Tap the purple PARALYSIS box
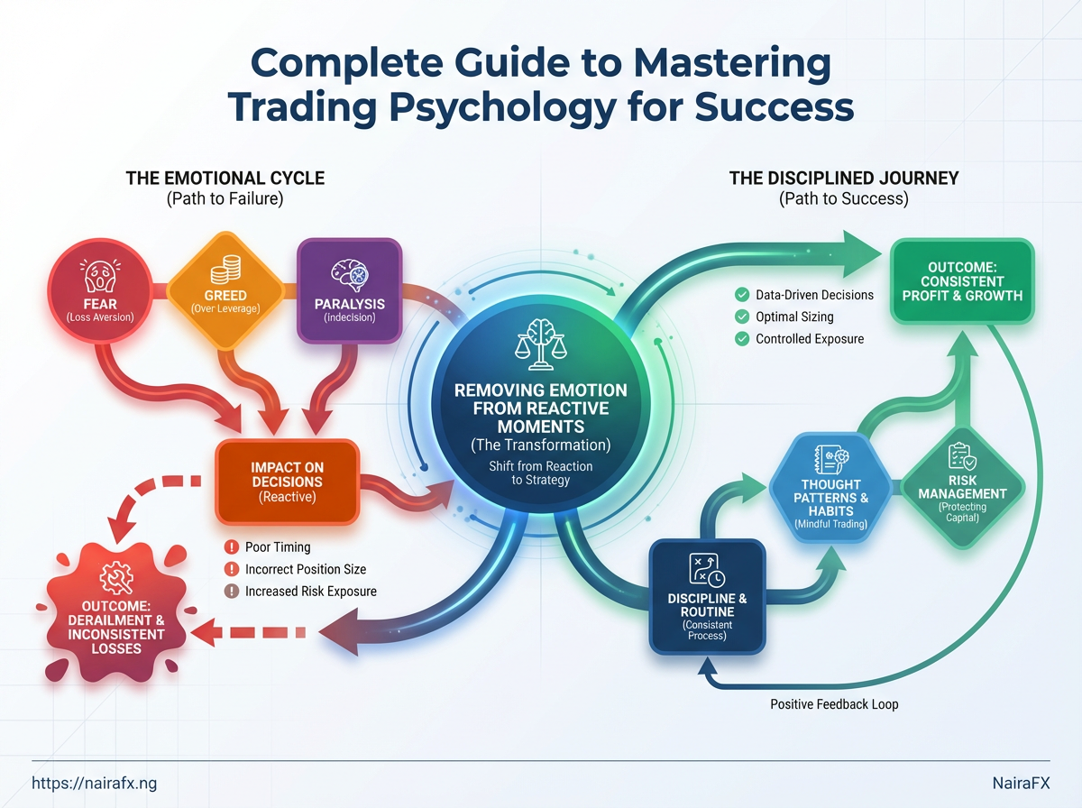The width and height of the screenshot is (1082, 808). click(349, 290)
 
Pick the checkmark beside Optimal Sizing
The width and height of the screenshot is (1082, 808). click(742, 317)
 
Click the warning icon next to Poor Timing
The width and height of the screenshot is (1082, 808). click(231, 547)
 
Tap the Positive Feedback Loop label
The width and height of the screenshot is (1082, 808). click(834, 703)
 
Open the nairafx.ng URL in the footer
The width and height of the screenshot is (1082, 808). click(94, 784)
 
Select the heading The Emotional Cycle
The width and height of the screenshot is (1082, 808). click(225, 179)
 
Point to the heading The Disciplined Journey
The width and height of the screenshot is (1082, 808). click(843, 179)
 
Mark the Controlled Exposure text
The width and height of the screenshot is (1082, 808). click(810, 339)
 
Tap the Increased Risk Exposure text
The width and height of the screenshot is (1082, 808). click(310, 592)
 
